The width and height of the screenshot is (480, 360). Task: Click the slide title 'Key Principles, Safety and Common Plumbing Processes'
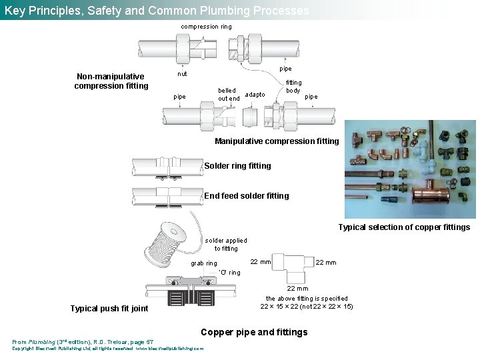point(157,11)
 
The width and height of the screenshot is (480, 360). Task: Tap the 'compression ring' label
point(207,27)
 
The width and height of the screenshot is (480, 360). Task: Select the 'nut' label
point(182,74)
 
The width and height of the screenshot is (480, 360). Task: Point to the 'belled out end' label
point(229,95)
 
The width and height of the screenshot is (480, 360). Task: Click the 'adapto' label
point(255,95)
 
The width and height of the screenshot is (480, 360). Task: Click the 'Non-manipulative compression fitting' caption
point(111,81)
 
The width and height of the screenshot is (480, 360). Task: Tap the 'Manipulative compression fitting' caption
point(277,141)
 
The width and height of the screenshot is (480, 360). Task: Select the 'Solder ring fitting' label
point(237,166)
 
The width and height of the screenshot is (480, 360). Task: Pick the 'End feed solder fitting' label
point(246,196)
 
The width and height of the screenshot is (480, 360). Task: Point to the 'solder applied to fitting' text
point(225,245)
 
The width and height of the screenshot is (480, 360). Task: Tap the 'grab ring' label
point(204,263)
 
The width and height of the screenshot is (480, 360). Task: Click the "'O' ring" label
point(229,273)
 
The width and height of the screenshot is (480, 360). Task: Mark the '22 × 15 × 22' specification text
point(306,307)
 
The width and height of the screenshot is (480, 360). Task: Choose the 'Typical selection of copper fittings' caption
point(404,227)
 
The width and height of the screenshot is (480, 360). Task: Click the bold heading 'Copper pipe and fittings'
point(254,332)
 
